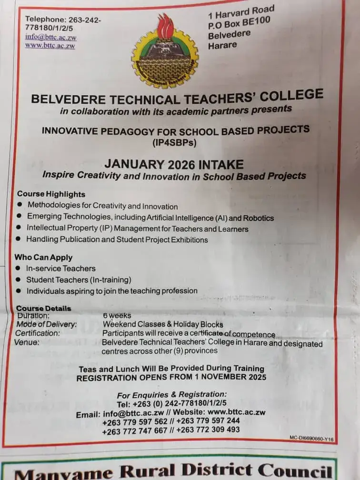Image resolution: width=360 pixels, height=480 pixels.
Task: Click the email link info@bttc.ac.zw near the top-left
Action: click(51, 37)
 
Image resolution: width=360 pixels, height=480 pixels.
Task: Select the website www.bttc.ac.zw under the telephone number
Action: click(50, 46)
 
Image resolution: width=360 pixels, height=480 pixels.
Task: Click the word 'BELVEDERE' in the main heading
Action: click(64, 100)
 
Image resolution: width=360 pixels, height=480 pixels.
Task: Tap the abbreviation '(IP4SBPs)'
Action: click(174, 142)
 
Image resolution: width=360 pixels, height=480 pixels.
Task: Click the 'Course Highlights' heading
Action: click(51, 194)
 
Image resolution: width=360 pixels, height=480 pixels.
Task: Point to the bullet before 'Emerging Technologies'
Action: click(20, 217)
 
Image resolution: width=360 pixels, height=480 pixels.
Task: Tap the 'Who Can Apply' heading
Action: click(43, 257)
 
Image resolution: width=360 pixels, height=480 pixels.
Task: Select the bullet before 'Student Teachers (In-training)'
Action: click(19, 280)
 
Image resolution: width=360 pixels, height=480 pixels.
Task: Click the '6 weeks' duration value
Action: click(117, 315)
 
